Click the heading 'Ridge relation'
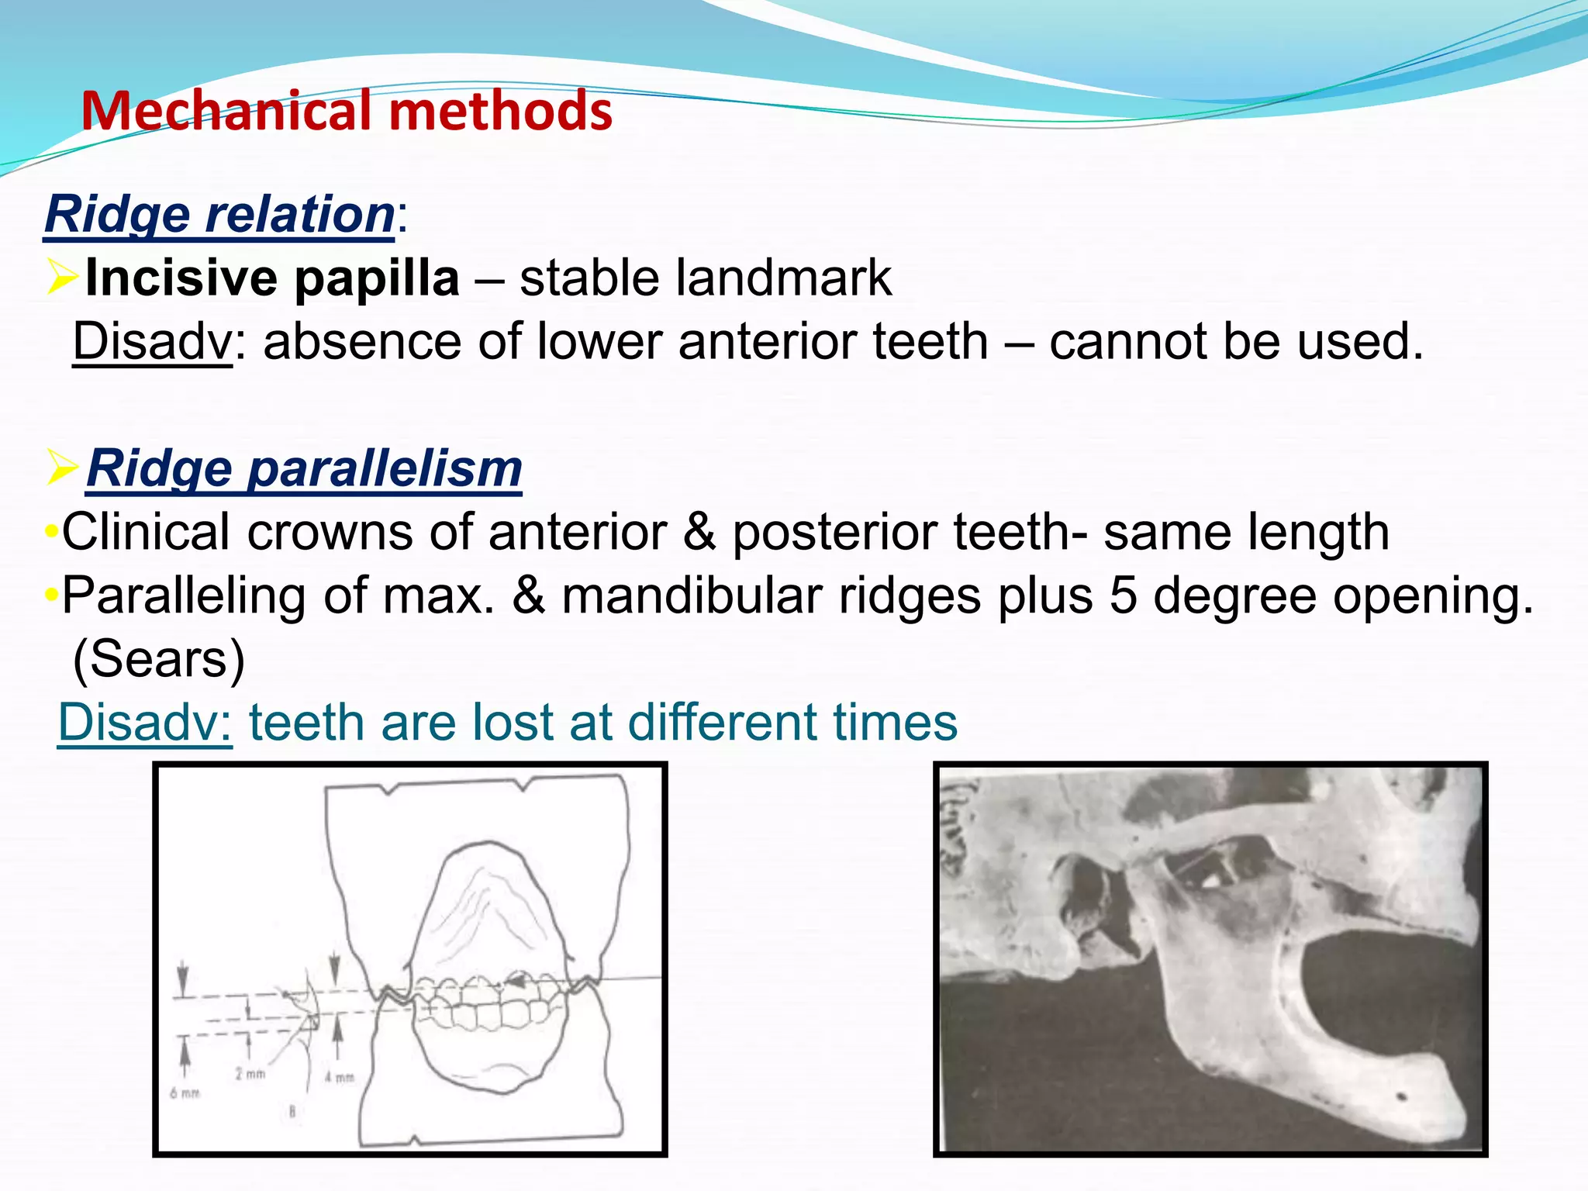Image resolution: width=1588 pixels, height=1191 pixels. point(219,214)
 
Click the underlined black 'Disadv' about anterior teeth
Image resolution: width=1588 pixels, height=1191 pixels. point(152,341)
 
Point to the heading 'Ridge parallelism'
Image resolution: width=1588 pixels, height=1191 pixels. point(304,468)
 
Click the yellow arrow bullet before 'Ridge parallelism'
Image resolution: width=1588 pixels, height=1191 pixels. point(62,467)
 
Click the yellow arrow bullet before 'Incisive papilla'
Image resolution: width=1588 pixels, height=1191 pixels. point(62,277)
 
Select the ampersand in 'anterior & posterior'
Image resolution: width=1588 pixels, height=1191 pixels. point(699,533)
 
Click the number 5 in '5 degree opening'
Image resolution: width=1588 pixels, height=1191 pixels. point(1124,596)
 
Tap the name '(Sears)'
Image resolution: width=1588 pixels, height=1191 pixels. point(158,660)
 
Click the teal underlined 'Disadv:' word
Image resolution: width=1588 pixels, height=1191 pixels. point(145,723)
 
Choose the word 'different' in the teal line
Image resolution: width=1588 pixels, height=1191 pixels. point(722,723)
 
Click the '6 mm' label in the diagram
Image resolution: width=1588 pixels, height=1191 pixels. point(185,1093)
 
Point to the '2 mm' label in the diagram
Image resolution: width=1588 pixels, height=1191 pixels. point(250,1074)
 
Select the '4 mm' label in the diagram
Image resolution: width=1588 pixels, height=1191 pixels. point(339,1077)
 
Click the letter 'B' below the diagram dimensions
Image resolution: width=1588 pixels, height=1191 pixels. point(292,1111)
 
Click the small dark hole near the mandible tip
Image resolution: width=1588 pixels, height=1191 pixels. point(1400,1097)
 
